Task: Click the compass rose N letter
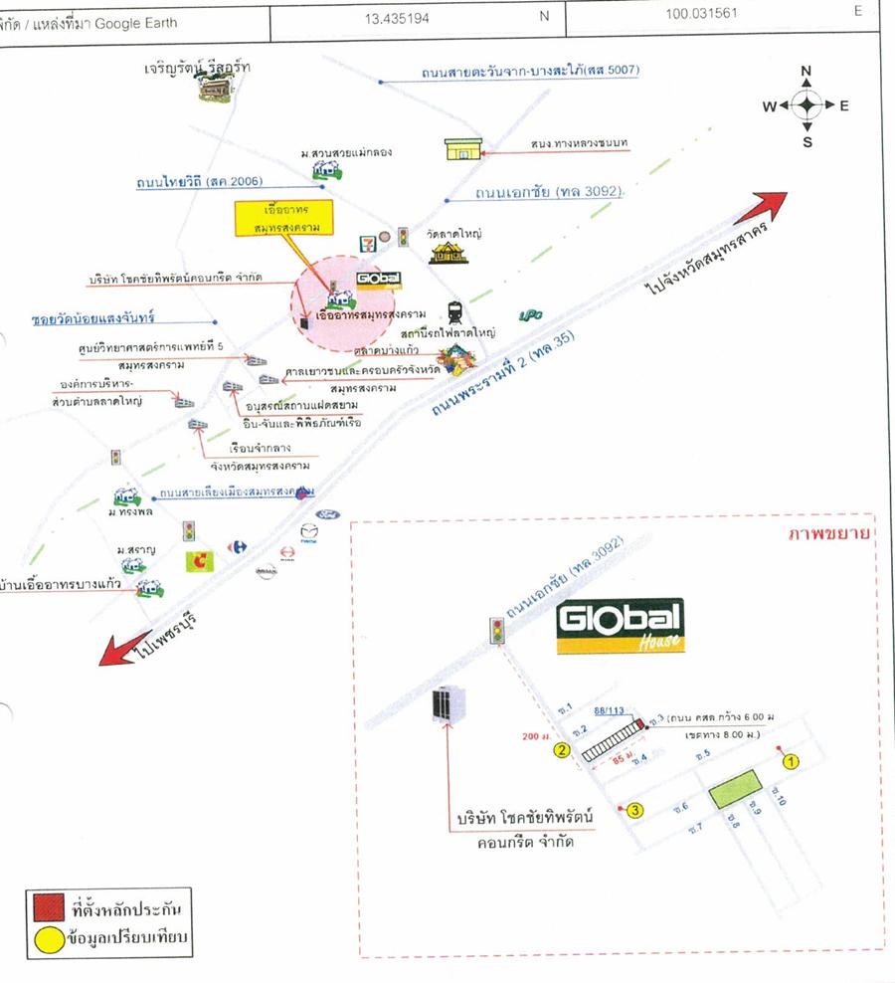[806, 71]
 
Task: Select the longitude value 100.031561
[711, 14]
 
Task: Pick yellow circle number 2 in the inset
[562, 750]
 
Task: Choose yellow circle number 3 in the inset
[636, 810]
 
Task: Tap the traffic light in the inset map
[497, 630]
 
